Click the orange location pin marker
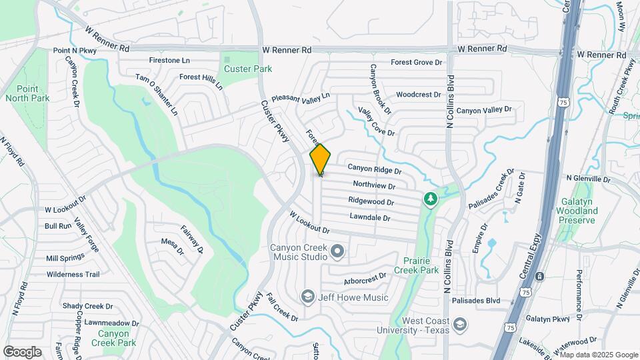pos(321,159)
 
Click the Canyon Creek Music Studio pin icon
pos(337,251)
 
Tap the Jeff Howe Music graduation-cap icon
pos(307,295)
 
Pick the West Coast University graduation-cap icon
pos(459,324)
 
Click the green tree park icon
pos(431,199)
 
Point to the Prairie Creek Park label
pos(421,265)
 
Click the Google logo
pos(22,352)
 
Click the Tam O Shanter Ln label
pos(157,94)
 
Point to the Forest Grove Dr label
pos(417,62)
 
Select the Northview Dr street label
pos(374,187)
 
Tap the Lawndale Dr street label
pos(369,217)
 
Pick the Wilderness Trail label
pos(73,274)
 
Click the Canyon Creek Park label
pos(118,338)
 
